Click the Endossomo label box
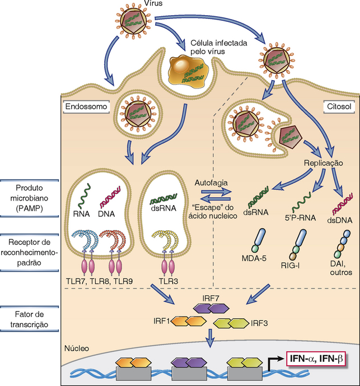click(x=86, y=107)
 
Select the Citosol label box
click(x=339, y=107)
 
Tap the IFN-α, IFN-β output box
click(x=317, y=359)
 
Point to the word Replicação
click(x=324, y=163)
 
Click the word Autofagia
click(x=211, y=183)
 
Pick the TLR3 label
click(x=169, y=281)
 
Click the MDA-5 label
click(x=254, y=258)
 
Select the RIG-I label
click(x=291, y=266)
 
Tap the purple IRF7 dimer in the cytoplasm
click(x=211, y=308)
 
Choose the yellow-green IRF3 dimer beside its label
click(x=231, y=323)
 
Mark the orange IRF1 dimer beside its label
click(x=189, y=321)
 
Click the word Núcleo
click(x=77, y=348)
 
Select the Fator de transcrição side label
click(x=29, y=319)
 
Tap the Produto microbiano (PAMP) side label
click(x=29, y=198)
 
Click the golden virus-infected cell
click(x=187, y=71)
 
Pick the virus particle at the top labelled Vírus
click(x=133, y=21)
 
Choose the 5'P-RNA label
click(x=300, y=218)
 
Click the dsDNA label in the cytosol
click(x=340, y=220)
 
